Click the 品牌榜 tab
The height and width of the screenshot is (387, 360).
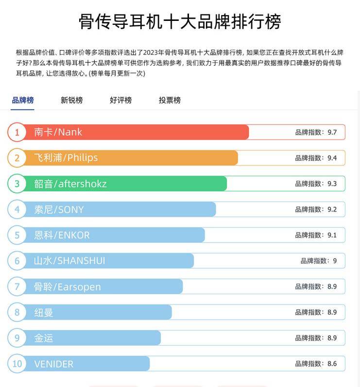(23, 100)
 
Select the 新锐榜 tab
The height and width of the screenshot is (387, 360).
(71, 100)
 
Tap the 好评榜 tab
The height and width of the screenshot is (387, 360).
(120, 100)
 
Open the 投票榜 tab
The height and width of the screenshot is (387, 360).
(170, 100)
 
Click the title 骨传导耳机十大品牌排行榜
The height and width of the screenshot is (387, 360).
(180, 22)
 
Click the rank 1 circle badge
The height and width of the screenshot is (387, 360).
(17, 132)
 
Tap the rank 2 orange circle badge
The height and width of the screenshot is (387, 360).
(17, 158)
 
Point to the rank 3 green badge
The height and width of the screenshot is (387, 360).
(17, 184)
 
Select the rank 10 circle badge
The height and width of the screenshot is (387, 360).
(17, 364)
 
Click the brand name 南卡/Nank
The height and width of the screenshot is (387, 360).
(58, 132)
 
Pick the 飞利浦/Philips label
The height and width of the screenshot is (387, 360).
(66, 158)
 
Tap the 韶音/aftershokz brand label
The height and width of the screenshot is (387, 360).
(70, 184)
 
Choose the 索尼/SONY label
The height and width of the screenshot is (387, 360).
(59, 210)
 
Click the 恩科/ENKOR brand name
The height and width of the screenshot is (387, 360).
(62, 235)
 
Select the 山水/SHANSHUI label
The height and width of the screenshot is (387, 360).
(69, 261)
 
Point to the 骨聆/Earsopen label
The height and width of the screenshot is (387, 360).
(67, 287)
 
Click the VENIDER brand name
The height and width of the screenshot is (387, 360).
(53, 364)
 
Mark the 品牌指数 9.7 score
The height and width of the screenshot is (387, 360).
(316, 132)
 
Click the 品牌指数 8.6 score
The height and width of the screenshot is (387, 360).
(316, 364)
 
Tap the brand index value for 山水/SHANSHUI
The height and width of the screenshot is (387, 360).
(318, 261)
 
